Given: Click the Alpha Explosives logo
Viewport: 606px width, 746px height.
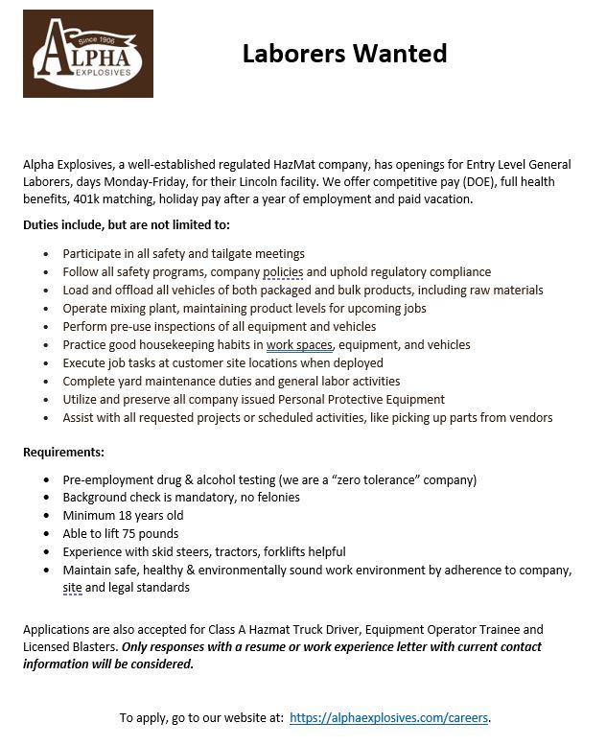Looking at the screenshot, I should [x=87, y=53].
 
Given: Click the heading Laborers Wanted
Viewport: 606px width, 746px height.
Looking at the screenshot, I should [x=344, y=53].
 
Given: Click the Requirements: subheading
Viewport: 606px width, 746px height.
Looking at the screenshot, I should [x=64, y=452].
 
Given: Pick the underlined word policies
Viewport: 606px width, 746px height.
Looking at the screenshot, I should [x=283, y=272].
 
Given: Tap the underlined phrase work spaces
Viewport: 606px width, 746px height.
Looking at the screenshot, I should [x=299, y=345].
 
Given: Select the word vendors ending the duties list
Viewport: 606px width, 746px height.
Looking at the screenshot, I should [x=530, y=418].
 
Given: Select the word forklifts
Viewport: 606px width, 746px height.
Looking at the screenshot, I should [x=278, y=552].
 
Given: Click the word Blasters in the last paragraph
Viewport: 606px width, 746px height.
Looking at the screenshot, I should [x=90, y=648].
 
